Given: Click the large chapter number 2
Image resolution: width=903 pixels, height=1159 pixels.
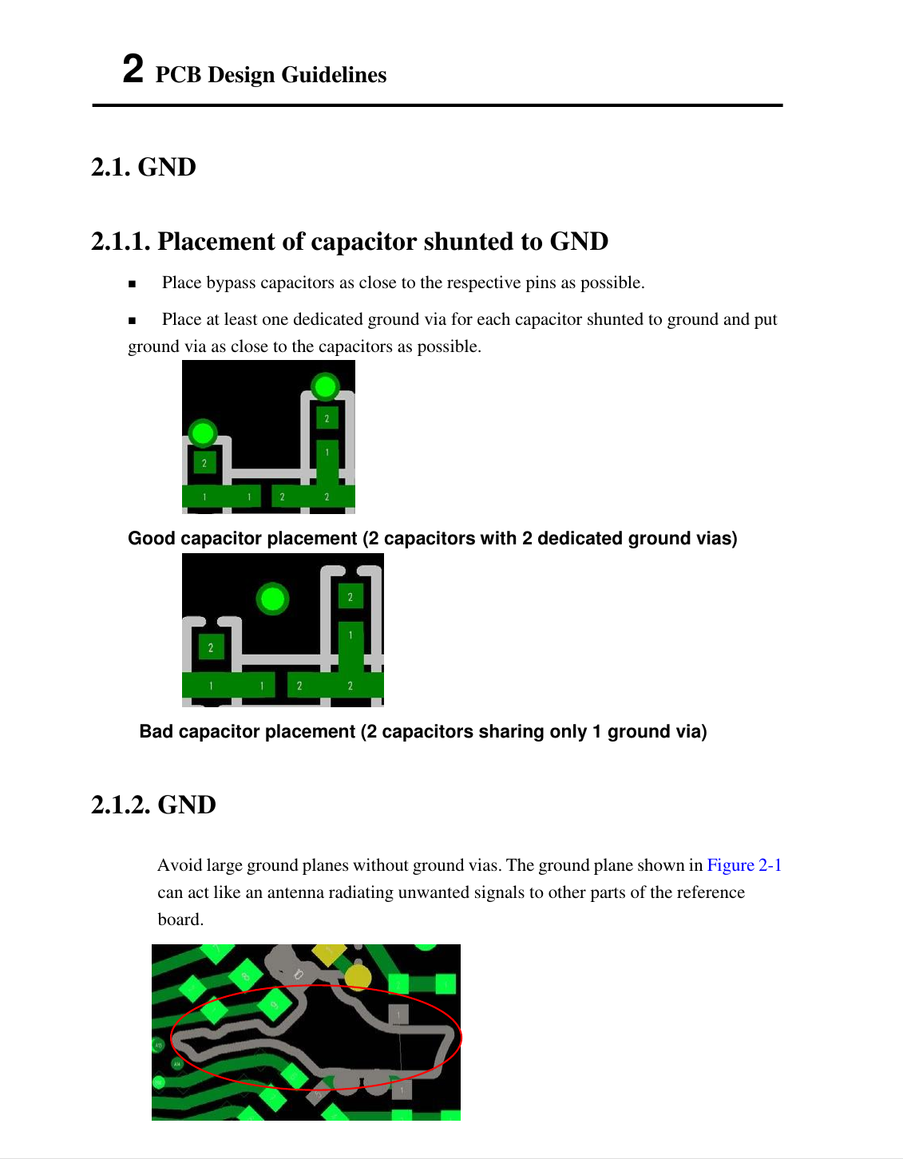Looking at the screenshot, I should click(x=133, y=69).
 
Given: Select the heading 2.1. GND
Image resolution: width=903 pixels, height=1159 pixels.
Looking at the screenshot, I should click(x=144, y=168).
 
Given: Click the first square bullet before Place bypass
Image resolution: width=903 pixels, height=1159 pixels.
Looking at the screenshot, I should click(x=133, y=284).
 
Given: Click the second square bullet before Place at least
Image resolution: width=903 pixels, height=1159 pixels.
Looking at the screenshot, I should click(x=133, y=321).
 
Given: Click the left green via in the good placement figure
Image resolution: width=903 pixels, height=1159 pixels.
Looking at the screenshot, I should click(x=203, y=433).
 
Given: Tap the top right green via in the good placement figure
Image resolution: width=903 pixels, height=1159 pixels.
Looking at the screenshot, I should click(x=325, y=387).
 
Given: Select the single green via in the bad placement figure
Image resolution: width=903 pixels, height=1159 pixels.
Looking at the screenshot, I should click(x=273, y=598).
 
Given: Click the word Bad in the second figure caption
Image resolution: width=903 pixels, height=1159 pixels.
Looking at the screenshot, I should click(x=156, y=732).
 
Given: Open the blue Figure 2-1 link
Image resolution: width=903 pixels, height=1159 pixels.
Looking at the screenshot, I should click(x=744, y=865).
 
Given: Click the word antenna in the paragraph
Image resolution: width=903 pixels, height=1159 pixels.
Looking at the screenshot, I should click(x=296, y=892).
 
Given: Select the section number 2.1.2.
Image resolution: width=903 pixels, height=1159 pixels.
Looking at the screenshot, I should click(x=121, y=805).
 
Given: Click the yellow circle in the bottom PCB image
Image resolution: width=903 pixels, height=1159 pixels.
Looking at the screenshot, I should click(x=358, y=975).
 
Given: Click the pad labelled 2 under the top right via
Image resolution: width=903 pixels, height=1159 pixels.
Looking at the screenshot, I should click(x=327, y=418).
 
